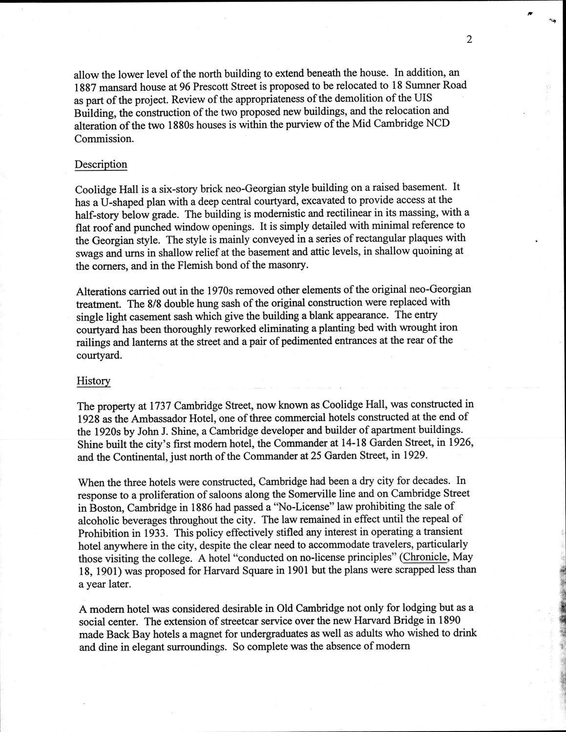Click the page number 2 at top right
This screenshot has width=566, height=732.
click(x=469, y=40)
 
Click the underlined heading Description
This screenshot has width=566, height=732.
click(x=101, y=164)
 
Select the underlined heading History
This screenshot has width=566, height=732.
click(x=93, y=381)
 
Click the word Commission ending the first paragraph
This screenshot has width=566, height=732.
click(x=103, y=139)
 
